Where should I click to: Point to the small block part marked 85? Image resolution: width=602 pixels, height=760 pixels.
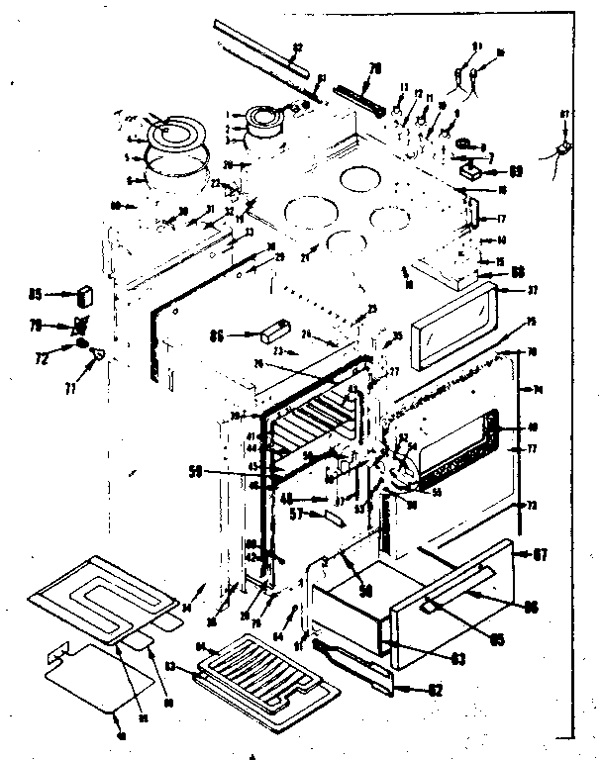point(84,294)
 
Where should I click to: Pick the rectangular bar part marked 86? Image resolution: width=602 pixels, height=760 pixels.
point(272,330)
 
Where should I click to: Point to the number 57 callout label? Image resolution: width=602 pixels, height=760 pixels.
point(293,515)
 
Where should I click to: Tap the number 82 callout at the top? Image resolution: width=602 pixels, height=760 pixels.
point(298,46)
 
